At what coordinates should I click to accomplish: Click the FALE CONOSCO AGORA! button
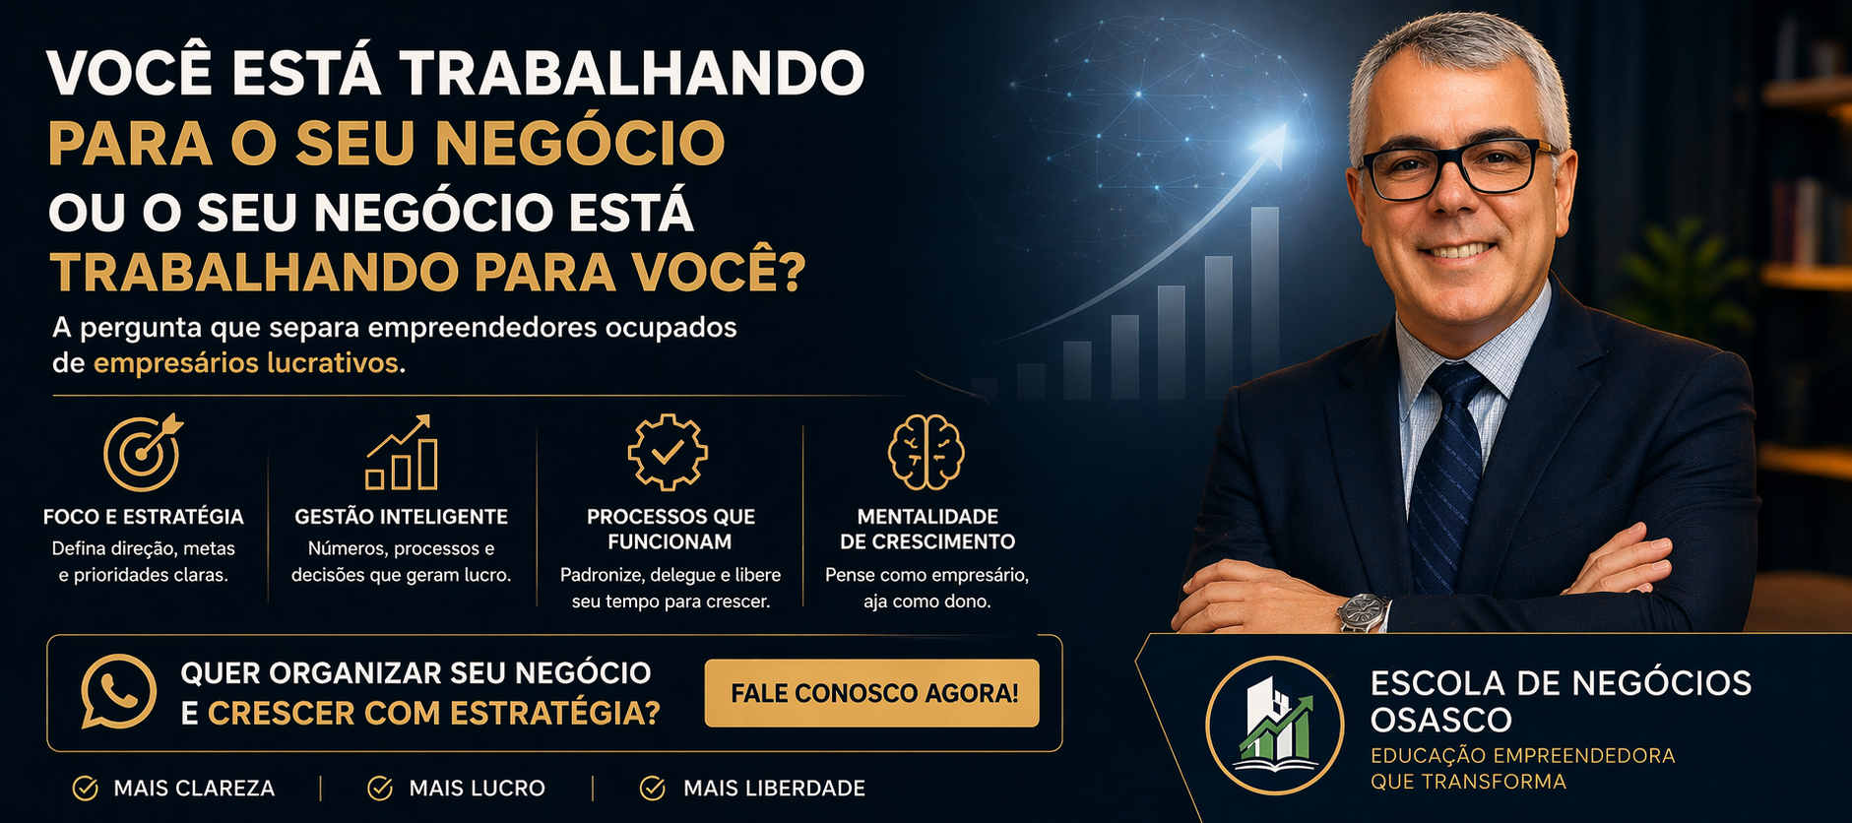click(871, 693)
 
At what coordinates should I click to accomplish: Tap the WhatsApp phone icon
click(118, 692)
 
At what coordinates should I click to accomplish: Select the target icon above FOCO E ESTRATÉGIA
click(144, 452)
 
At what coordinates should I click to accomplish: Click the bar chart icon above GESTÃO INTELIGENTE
click(402, 452)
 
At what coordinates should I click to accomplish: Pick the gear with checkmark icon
click(668, 452)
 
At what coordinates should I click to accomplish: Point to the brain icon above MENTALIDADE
click(926, 452)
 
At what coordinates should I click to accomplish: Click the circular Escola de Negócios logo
click(1275, 726)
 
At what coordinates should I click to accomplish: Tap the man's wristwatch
click(1364, 612)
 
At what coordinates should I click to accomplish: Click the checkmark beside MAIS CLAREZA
click(86, 788)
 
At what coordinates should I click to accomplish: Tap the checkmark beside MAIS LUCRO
click(380, 788)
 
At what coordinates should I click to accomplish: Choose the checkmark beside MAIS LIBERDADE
click(653, 788)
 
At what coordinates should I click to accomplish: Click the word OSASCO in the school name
click(1441, 720)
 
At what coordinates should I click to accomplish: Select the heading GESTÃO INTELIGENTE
click(402, 517)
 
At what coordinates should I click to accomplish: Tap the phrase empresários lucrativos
click(246, 363)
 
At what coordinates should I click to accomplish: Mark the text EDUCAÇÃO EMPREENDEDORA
click(1523, 756)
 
